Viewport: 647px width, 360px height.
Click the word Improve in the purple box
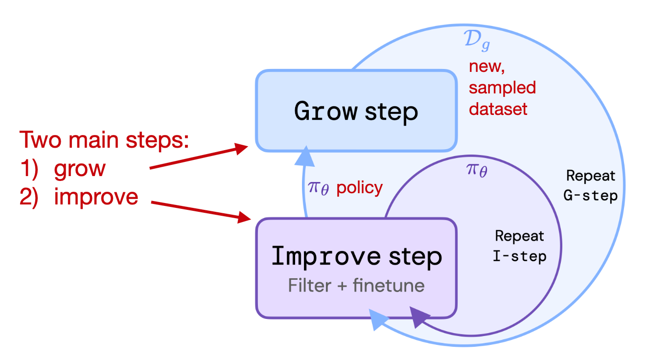click(x=325, y=256)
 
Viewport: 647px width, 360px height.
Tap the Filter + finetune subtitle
click(x=356, y=285)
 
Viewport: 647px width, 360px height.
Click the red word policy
click(x=360, y=188)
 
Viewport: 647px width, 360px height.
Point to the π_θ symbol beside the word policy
click(x=319, y=189)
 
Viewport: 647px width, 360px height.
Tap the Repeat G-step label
click(x=590, y=185)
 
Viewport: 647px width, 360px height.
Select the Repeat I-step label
click(x=519, y=246)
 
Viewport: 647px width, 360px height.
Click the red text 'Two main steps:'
click(x=104, y=140)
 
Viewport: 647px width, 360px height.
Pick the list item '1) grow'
click(x=63, y=168)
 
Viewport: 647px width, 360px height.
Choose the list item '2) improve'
click(x=79, y=197)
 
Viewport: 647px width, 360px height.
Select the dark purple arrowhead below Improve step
click(x=417, y=317)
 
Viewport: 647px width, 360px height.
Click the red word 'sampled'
click(x=502, y=88)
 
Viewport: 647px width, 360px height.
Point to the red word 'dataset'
click(x=498, y=109)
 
